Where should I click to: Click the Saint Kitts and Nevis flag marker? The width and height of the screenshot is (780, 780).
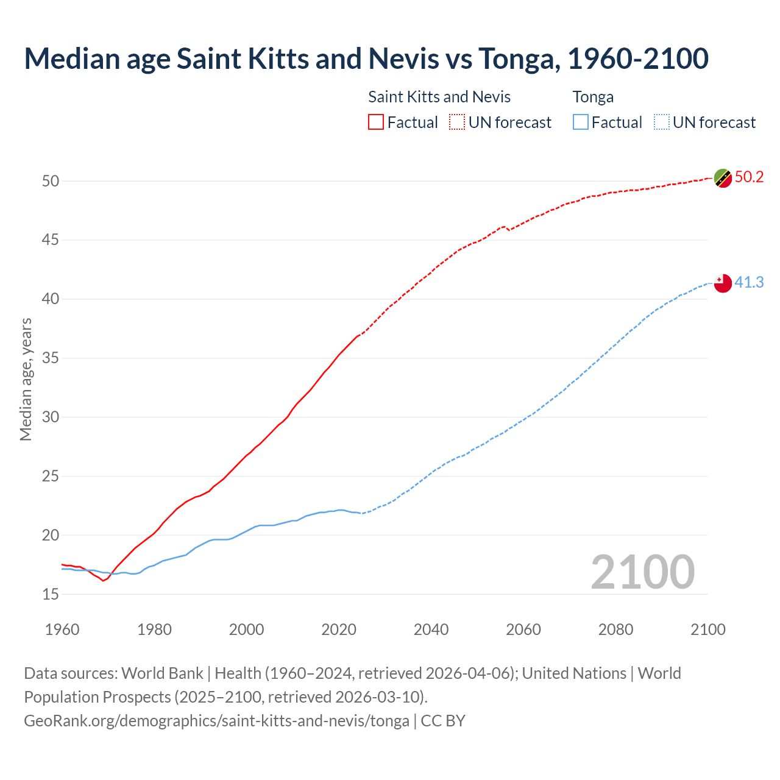[723, 178]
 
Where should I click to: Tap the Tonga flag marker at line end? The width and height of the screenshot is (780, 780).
[723, 283]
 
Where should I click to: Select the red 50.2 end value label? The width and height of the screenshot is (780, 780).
[749, 177]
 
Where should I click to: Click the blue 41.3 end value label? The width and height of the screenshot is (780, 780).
[749, 282]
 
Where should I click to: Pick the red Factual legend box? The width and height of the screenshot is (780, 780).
[376, 122]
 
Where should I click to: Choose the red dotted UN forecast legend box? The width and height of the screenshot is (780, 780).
[457, 122]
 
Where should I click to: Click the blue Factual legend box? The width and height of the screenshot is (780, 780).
[581, 122]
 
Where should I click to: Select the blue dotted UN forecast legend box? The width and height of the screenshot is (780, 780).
[661, 122]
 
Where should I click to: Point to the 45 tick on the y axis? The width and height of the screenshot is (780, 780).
[51, 240]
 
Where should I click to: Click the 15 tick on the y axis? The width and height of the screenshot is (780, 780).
[51, 594]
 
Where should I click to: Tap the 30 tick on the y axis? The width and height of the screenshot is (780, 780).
[51, 417]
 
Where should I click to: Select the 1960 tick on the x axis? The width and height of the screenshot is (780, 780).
[62, 629]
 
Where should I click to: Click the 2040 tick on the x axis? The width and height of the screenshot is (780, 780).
[431, 629]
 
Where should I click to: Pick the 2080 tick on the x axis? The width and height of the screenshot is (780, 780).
[615, 629]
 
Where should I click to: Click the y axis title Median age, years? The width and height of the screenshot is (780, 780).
[26, 379]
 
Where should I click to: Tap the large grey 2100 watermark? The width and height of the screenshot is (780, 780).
[642, 572]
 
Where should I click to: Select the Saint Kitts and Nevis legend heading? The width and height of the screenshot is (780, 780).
[439, 97]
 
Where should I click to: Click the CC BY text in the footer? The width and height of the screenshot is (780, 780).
[443, 721]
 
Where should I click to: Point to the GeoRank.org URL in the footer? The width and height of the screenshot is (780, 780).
[216, 721]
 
